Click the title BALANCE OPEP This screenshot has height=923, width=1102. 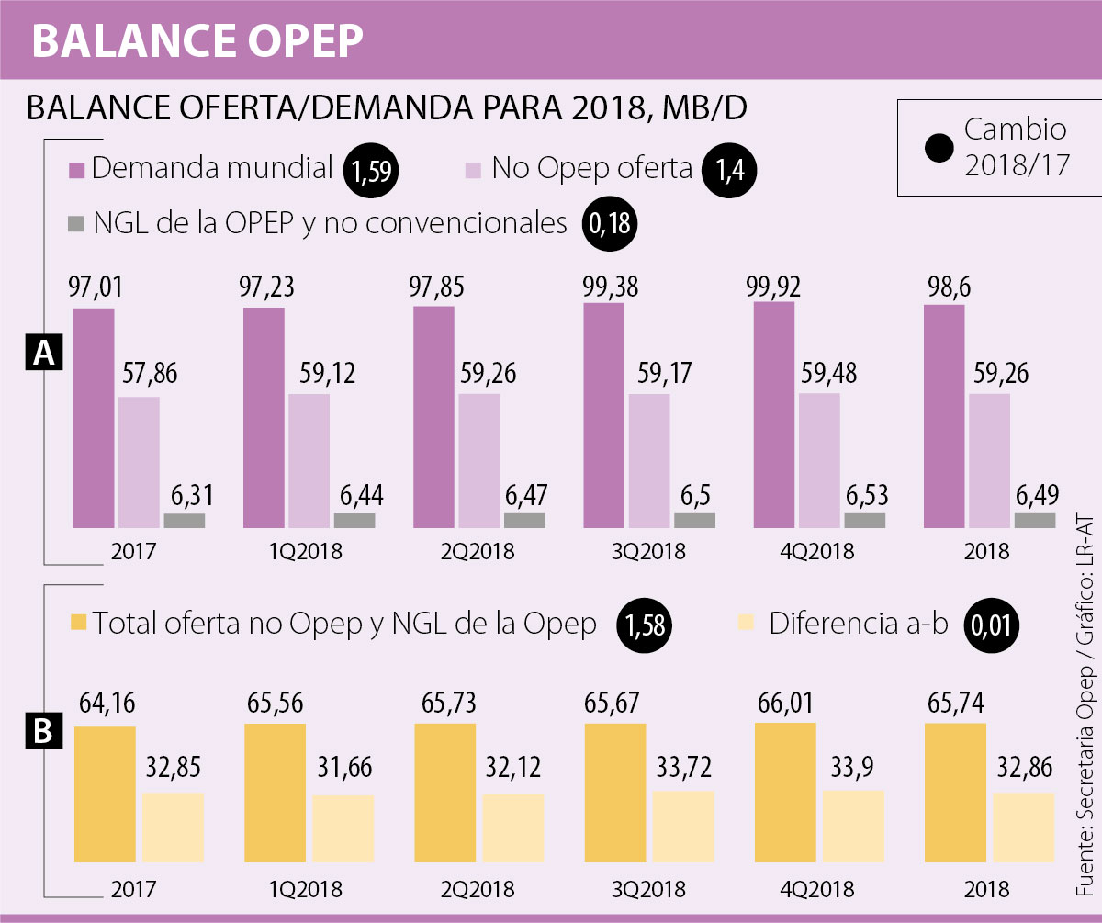click(x=198, y=39)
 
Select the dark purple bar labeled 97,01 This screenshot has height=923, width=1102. click(x=94, y=418)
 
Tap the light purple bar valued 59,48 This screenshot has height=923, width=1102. click(x=819, y=460)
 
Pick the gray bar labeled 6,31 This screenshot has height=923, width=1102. click(x=185, y=520)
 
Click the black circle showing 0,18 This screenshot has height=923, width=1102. click(x=609, y=226)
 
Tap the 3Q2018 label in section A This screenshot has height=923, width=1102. click(x=649, y=552)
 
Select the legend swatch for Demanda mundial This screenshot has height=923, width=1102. click(x=75, y=171)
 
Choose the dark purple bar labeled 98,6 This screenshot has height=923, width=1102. click(x=944, y=416)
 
